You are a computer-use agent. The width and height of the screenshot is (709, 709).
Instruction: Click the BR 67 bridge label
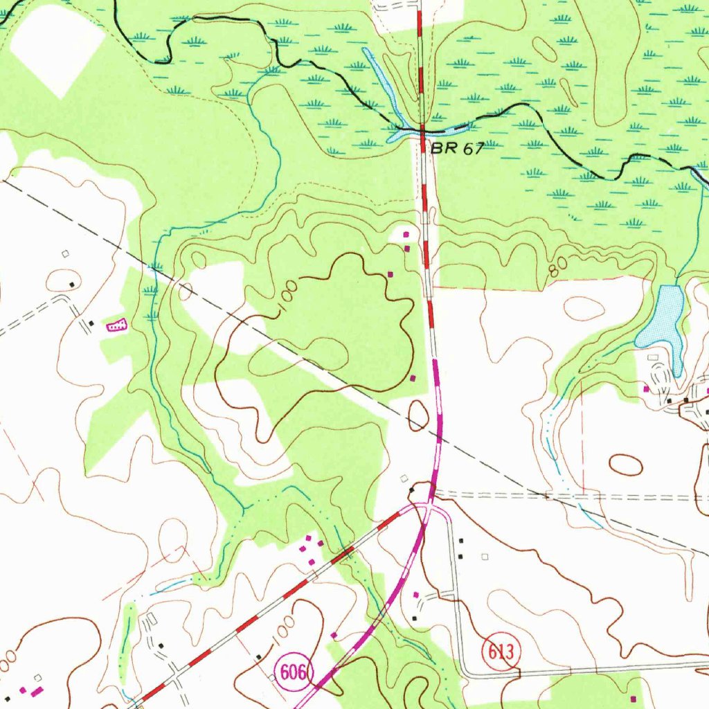pyautogui.click(x=456, y=148)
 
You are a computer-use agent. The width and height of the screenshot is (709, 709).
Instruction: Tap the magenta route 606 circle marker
pyautogui.click(x=294, y=672)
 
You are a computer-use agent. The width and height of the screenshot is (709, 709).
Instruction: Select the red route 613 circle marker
pyautogui.click(x=501, y=652)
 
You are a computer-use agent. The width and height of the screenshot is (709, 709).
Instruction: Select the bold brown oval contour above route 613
pyautogui.click(x=625, y=464)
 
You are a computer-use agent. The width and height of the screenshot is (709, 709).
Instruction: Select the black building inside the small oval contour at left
pyautogui.click(x=71, y=284)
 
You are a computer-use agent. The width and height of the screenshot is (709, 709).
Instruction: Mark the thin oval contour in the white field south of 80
pyautogui.click(x=584, y=308)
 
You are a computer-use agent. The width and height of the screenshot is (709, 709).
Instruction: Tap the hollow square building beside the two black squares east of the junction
pyautogui.click(x=485, y=555)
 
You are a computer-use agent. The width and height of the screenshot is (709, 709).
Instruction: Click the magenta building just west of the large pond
pyautogui.click(x=646, y=389)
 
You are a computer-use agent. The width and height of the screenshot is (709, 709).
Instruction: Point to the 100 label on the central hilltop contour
pyautogui.click(x=289, y=298)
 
